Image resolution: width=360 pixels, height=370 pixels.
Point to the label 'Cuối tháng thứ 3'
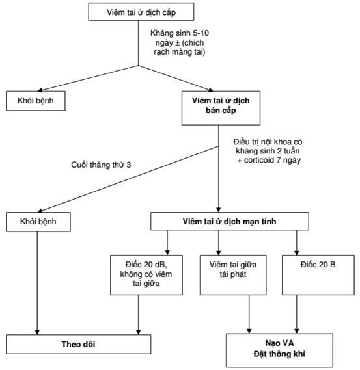pyautogui.click(x=101, y=165)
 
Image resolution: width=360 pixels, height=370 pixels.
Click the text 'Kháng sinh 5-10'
pyautogui.click(x=180, y=33)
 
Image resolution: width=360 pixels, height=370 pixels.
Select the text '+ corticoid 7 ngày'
pyautogui.click(x=269, y=160)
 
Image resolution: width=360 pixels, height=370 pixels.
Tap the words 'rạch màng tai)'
pyautogui.click(x=180, y=51)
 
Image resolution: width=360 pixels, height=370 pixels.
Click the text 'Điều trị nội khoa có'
pyautogui.click(x=268, y=142)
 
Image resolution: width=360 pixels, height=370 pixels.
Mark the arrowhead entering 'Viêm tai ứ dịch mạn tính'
pyautogui.click(x=219, y=210)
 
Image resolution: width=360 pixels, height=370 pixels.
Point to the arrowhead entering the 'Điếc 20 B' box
pyautogui.click(x=297, y=253)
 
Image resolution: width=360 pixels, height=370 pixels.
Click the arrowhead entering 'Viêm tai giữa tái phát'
pyautogui.click(x=219, y=253)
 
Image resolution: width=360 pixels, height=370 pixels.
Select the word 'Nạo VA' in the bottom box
pyautogui.click(x=279, y=343)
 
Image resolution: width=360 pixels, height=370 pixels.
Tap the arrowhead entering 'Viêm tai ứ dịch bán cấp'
pyautogui.click(x=211, y=90)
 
